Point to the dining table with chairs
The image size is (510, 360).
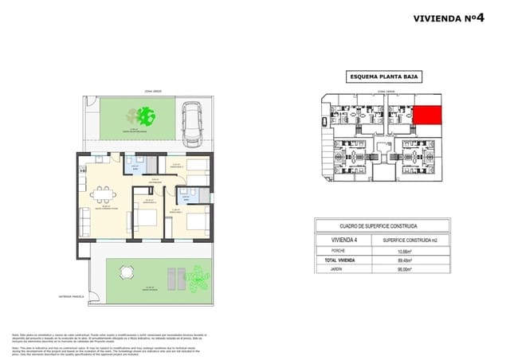click(101, 194)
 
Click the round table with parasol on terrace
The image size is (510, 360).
click(123, 272)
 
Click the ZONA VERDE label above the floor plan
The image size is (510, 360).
click(153, 91)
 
